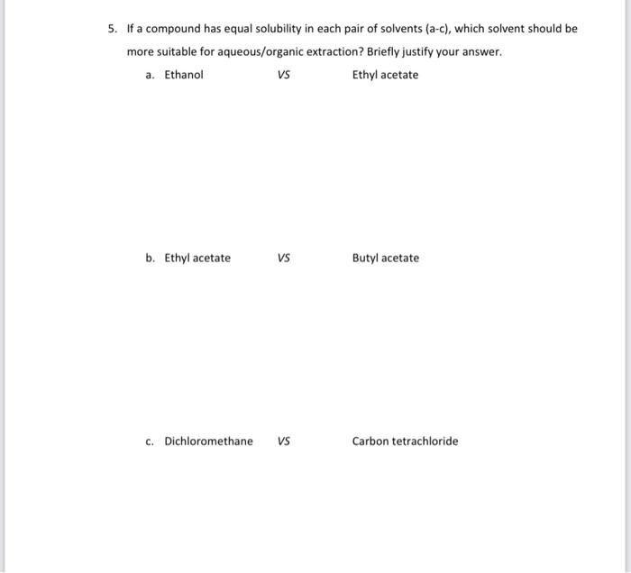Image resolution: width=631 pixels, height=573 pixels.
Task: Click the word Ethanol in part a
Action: (184, 75)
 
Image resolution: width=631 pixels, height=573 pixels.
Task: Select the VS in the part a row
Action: (284, 75)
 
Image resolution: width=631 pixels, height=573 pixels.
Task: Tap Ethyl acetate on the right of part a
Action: (385, 75)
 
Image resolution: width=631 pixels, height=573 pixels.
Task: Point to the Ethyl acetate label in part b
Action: (197, 259)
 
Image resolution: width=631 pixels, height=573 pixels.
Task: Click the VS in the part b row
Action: (284, 259)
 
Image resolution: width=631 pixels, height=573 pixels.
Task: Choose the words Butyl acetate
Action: (385, 259)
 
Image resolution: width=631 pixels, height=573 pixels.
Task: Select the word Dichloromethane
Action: (208, 441)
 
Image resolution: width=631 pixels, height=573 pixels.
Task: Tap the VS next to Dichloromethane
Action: (284, 441)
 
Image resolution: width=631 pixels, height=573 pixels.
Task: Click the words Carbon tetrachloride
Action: (405, 441)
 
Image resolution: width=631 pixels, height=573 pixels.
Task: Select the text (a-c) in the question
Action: (431, 29)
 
